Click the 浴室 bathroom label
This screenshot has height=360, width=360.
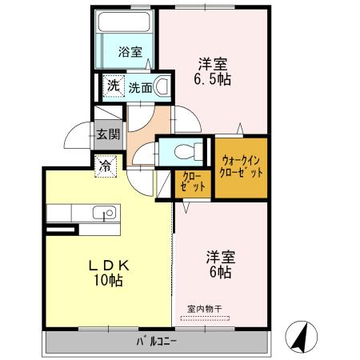(x=130, y=53)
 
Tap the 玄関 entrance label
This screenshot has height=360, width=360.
(x=108, y=135)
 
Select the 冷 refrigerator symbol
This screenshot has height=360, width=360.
(x=106, y=167)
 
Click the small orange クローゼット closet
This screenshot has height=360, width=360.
(x=190, y=182)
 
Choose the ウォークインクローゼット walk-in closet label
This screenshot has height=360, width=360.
(x=242, y=166)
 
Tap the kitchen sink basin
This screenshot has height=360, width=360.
(x=104, y=214)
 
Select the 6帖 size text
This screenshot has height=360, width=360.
(x=221, y=272)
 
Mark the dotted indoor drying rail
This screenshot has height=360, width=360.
(x=204, y=318)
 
